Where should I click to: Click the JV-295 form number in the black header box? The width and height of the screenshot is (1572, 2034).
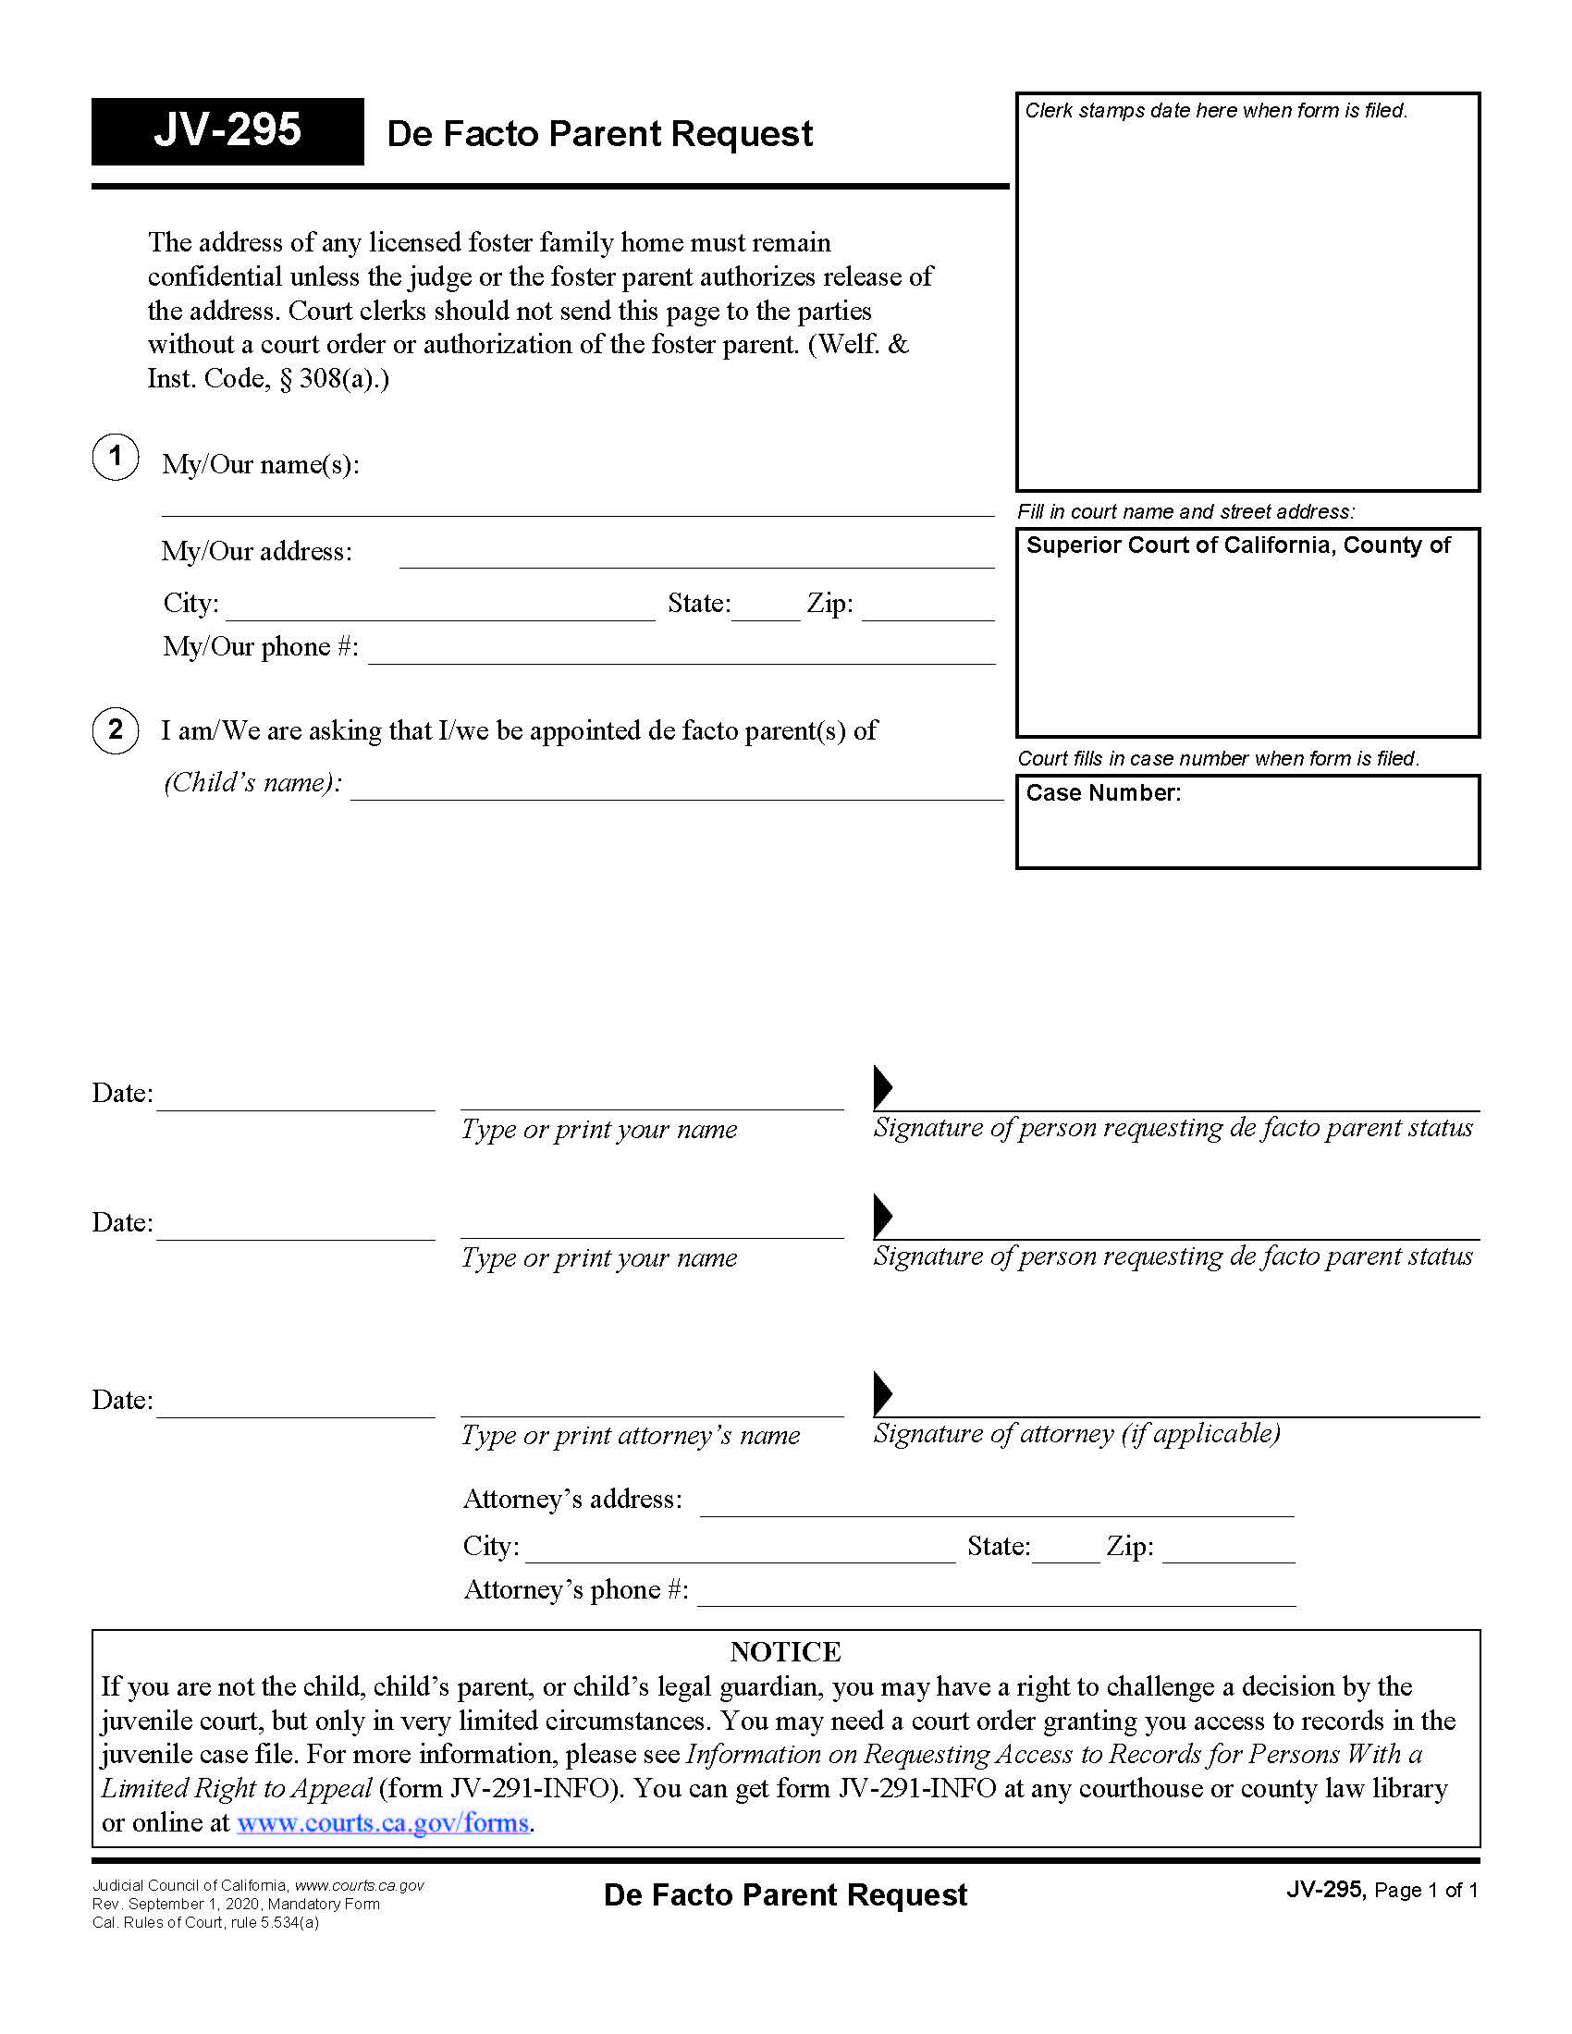pos(227,130)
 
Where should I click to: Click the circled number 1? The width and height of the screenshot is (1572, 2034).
pos(116,457)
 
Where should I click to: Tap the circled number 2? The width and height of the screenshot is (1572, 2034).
pos(116,729)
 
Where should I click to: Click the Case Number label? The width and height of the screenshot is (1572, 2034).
pos(1102,792)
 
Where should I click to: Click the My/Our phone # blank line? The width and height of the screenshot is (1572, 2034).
pos(681,656)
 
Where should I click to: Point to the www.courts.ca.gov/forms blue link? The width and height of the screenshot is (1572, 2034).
pos(383,1822)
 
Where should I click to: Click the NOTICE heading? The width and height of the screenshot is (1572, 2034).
pos(785,1652)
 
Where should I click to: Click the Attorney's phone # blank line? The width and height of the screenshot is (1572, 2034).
pos(996,1598)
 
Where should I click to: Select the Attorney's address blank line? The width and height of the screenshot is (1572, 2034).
pos(996,1507)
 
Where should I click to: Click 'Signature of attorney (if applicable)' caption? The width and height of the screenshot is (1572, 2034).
pos(1075,1433)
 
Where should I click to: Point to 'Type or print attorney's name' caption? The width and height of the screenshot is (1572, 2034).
pos(631,1435)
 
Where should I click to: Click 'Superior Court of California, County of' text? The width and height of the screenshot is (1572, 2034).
pos(1237,545)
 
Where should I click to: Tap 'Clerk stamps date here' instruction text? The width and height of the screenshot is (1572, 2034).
pos(1215,111)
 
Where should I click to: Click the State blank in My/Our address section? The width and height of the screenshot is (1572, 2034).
pos(766,612)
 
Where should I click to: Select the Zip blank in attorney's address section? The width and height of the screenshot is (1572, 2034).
pos(1227,1553)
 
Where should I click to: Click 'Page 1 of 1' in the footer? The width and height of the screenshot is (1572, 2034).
pos(1426,1890)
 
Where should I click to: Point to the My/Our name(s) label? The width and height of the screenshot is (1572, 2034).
pos(260,465)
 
